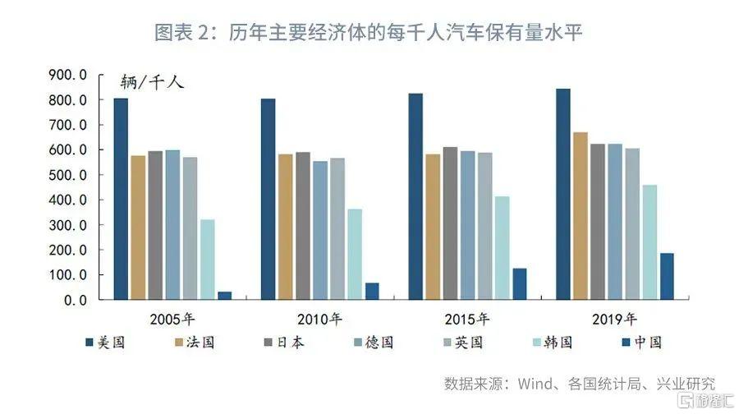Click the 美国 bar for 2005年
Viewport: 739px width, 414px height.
pos(121,199)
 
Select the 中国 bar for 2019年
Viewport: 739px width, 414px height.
pos(667,276)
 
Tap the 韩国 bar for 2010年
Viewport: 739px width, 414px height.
pos(355,254)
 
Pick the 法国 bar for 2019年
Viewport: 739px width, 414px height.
pos(581,216)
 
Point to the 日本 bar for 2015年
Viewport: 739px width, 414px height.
pos(450,223)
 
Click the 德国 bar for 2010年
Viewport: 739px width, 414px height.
pos(320,231)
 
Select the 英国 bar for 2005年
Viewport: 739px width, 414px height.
pos(190,228)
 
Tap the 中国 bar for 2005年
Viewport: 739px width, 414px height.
pos(225,296)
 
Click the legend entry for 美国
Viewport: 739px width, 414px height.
pos(105,343)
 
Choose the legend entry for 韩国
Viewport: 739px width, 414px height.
pos(553,343)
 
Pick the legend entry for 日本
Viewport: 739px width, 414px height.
pos(284,343)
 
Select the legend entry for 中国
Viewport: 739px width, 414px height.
pos(642,343)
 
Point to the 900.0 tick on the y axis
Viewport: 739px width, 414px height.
pos(68,75)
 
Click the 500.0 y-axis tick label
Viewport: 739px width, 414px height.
pos(68,175)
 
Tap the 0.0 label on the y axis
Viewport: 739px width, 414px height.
pos(76,300)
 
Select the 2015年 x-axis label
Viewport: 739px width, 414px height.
pos(467,320)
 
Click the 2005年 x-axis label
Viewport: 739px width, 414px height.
pos(172,320)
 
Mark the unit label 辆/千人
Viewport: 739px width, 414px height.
pos(152,82)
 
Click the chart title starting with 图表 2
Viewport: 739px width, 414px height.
pos(369,33)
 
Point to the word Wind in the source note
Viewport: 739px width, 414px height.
pos(535,384)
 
